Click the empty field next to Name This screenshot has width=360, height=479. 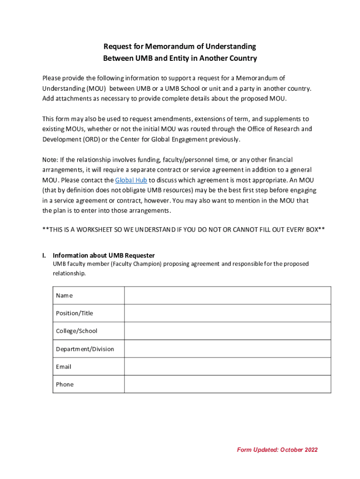pos(227,296)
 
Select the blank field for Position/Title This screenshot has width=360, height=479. pos(227,313)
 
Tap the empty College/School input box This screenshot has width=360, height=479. pos(227,331)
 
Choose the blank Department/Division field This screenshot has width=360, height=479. pos(227,349)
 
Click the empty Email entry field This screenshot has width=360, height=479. pos(227,367)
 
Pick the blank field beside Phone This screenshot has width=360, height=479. pos(227,385)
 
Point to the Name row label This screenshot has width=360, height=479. pos(65,296)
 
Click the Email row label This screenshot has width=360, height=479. pos(64,367)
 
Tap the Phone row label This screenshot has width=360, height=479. pos(65,385)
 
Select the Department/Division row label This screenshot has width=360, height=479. pos(85,349)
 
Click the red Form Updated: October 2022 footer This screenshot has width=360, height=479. pos(277,450)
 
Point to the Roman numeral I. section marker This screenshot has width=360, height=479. pos(44,255)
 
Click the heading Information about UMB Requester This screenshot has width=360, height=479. pos(104,255)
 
